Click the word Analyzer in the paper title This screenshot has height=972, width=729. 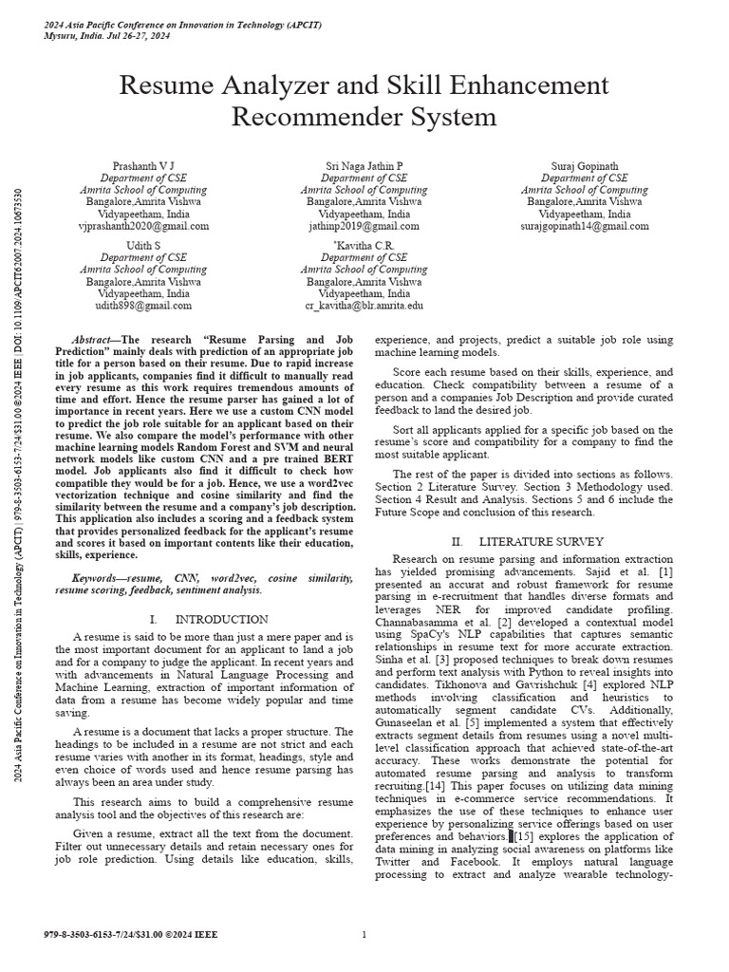(265, 86)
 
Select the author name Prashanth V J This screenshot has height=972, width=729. (143, 165)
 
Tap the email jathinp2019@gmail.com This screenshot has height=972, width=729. (364, 227)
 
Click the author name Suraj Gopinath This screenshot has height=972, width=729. (584, 165)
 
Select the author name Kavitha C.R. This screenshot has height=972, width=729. (364, 245)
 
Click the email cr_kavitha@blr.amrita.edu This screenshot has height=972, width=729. (364, 307)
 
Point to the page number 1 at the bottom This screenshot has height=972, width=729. (364, 935)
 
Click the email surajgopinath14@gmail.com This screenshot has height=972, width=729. (584, 227)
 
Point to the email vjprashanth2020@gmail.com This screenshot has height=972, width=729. (143, 227)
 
